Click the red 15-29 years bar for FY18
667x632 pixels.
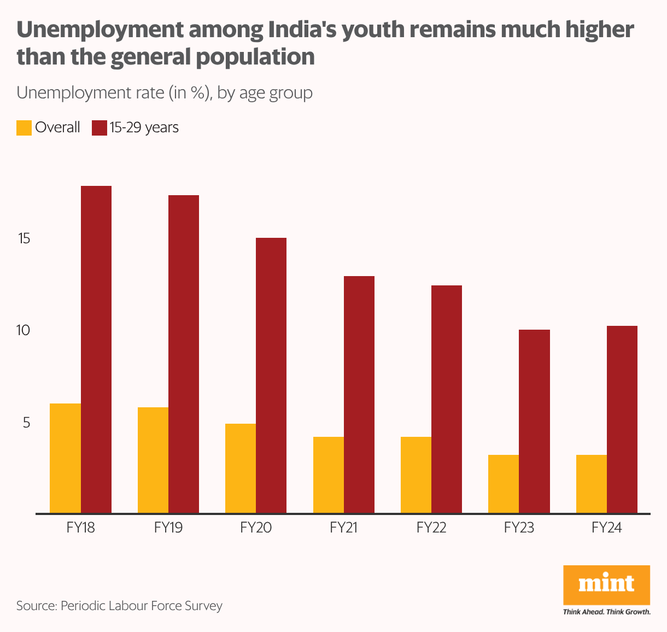tap(96, 350)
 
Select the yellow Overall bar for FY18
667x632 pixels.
tap(65, 458)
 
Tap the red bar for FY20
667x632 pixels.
tap(271, 376)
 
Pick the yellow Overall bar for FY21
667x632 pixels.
tap(329, 475)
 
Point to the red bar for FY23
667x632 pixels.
tap(534, 422)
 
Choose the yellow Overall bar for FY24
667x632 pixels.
tap(592, 484)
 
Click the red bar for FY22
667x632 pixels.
tap(447, 399)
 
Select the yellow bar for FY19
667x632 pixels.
tap(153, 460)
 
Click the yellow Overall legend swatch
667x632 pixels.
tap(24, 128)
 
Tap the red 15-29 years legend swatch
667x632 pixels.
tap(100, 128)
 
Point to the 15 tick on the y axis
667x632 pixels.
tap(24, 239)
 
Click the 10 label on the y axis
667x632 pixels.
tap(24, 331)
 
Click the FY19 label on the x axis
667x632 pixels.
tap(168, 528)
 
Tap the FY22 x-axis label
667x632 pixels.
tap(431, 528)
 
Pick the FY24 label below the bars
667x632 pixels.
tap(607, 528)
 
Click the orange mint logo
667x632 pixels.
tap(606, 584)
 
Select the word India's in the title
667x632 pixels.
tap(303, 30)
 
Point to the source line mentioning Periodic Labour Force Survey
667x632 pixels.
tap(119, 606)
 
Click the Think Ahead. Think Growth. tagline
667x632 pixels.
tap(607, 612)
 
